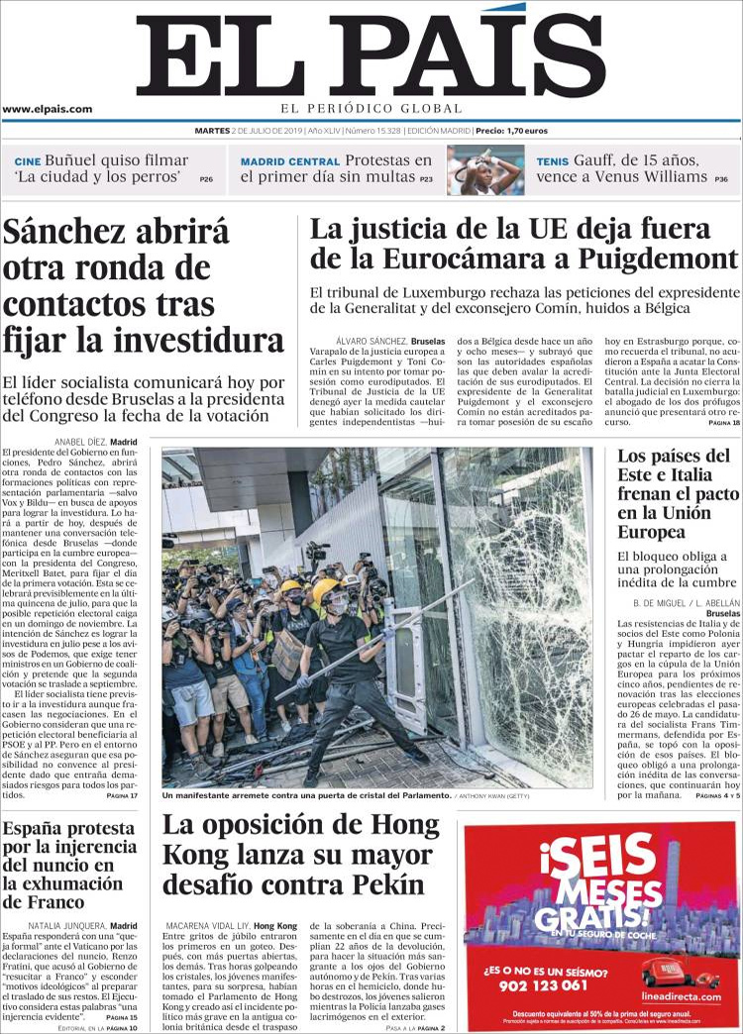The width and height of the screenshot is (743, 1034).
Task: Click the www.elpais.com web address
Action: tap(47, 110)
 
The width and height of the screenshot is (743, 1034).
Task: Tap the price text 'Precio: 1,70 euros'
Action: tap(511, 131)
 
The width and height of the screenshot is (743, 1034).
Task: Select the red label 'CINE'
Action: tap(27, 161)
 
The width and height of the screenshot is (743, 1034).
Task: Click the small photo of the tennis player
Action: tap(485, 169)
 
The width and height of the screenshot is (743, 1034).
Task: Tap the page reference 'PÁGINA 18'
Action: tap(723, 423)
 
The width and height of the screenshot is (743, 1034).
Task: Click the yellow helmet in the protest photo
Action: tap(326, 590)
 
